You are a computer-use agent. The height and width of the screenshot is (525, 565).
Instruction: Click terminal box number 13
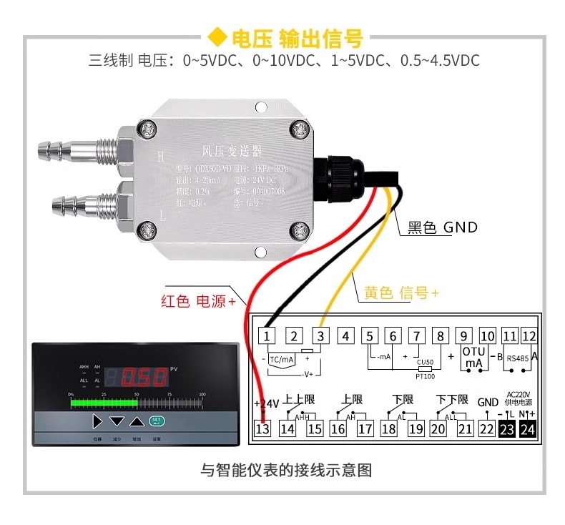pos(263,429)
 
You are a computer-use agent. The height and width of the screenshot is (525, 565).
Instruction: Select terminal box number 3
pos(320,335)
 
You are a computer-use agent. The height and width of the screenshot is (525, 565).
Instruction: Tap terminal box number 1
pos(267,335)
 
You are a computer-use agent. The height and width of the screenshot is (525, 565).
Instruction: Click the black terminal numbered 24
pos(528,429)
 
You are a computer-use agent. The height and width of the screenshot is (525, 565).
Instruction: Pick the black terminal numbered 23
pos(506,429)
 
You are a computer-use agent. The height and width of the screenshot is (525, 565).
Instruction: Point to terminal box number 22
pos(486,429)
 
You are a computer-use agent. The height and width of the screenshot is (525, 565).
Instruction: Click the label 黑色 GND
pos(442,227)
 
